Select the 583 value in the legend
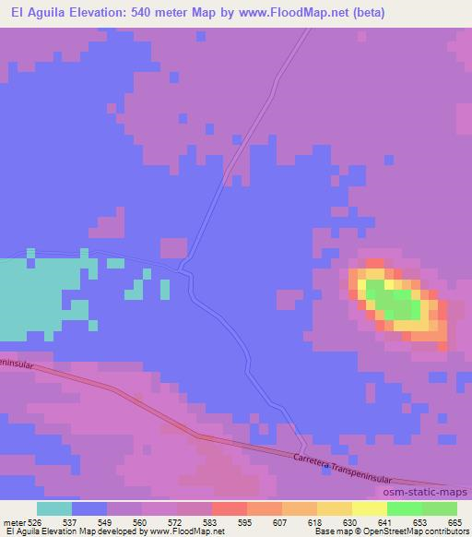click(x=212, y=522)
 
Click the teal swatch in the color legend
click(x=54, y=508)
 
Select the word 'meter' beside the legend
click(x=12, y=522)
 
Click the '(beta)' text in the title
click(x=365, y=13)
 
